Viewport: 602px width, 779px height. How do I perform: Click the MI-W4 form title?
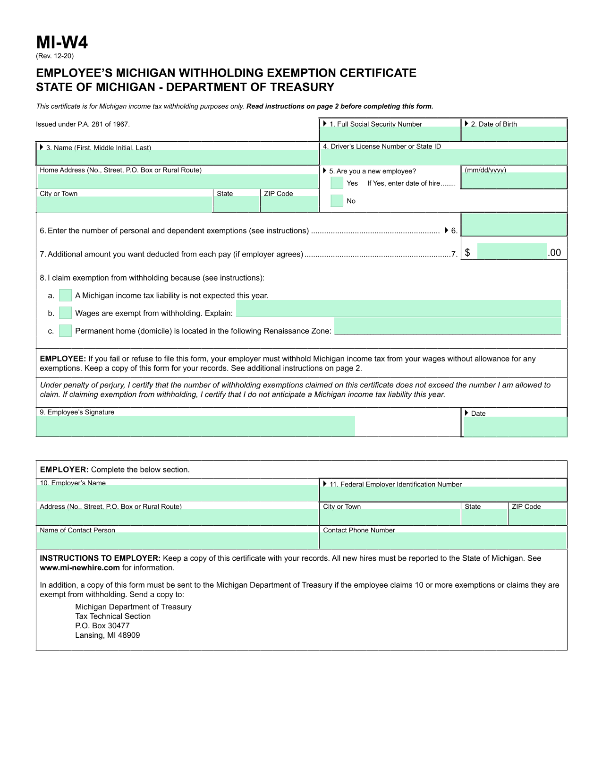click(62, 43)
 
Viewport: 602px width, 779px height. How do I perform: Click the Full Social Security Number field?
click(390, 134)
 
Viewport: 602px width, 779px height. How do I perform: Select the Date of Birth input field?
click(514, 134)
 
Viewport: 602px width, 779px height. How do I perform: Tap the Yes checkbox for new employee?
click(337, 183)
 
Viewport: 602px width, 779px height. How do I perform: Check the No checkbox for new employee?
click(337, 201)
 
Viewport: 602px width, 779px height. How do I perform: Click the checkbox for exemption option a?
click(65, 296)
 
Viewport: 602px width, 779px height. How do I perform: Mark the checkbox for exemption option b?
click(65, 313)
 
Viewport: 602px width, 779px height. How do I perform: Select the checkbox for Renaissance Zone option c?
click(65, 331)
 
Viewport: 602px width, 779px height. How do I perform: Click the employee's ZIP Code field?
click(289, 204)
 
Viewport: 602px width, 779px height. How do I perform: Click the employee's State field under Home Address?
click(237, 204)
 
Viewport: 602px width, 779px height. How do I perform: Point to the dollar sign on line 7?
click(467, 253)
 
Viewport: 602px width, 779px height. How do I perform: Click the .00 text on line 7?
click(554, 253)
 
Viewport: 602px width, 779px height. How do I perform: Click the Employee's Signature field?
click(195, 426)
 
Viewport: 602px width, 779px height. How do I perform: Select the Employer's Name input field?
click(178, 493)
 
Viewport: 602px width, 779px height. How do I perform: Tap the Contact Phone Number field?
click(442, 540)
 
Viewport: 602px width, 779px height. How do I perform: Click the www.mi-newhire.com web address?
click(80, 568)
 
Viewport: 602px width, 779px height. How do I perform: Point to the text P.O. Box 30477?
click(102, 625)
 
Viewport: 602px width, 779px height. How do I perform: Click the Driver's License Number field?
click(443, 157)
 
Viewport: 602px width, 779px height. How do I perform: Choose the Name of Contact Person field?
click(178, 540)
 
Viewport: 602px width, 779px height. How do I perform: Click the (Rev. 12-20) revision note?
click(55, 56)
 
